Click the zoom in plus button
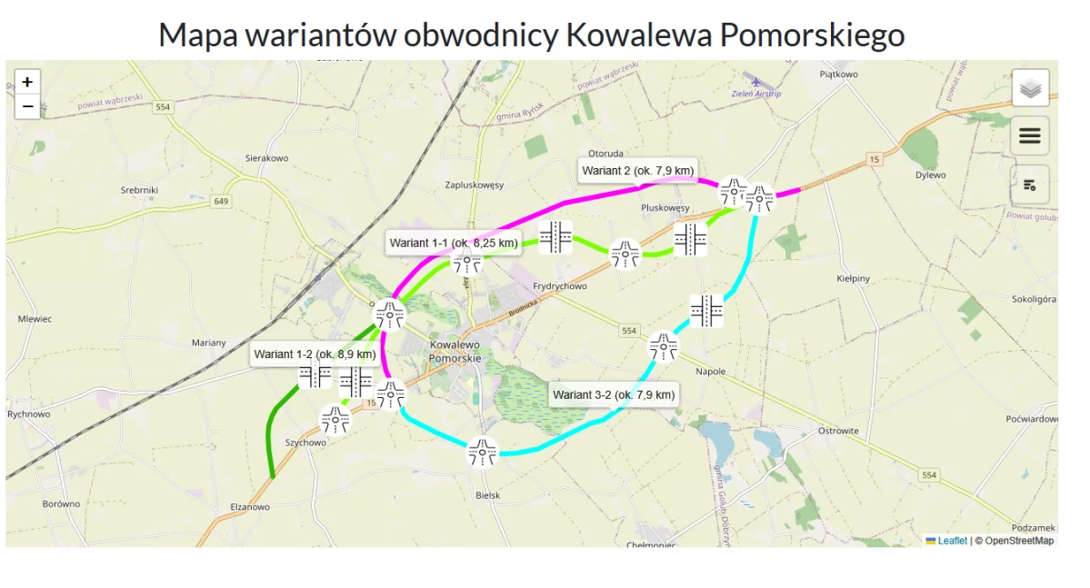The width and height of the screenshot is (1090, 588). [x=28, y=82]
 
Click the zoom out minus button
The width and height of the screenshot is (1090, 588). [x=28, y=106]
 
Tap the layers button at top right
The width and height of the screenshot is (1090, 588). [x=1030, y=88]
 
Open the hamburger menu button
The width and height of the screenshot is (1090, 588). [x=1030, y=135]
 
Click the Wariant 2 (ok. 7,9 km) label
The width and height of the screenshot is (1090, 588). [x=637, y=171]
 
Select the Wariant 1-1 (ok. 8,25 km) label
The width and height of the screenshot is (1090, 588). [x=454, y=243]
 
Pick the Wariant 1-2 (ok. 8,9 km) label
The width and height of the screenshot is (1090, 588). [x=315, y=354]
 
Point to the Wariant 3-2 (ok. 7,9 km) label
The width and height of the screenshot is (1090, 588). [x=614, y=394]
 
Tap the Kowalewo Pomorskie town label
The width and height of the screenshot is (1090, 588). [x=455, y=352]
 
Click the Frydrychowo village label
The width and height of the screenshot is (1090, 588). [x=560, y=286]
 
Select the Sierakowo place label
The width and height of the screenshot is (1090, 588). [x=266, y=158]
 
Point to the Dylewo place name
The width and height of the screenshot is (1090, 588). [x=930, y=175]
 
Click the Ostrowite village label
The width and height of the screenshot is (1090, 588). [x=838, y=431]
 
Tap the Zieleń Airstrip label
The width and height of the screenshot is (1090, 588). [x=756, y=94]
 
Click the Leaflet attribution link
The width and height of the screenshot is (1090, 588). [x=952, y=541]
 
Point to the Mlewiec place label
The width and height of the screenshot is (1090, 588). [x=35, y=319]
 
